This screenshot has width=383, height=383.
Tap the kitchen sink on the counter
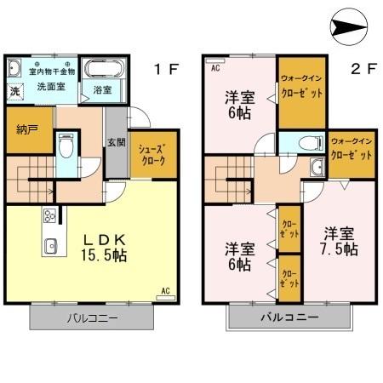pyautogui.click(x=49, y=248)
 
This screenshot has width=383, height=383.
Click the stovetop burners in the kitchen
pyautogui.click(x=49, y=214)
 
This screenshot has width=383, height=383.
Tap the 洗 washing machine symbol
pyautogui.click(x=14, y=90)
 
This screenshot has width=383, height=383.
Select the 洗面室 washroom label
pyautogui.click(x=51, y=87)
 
